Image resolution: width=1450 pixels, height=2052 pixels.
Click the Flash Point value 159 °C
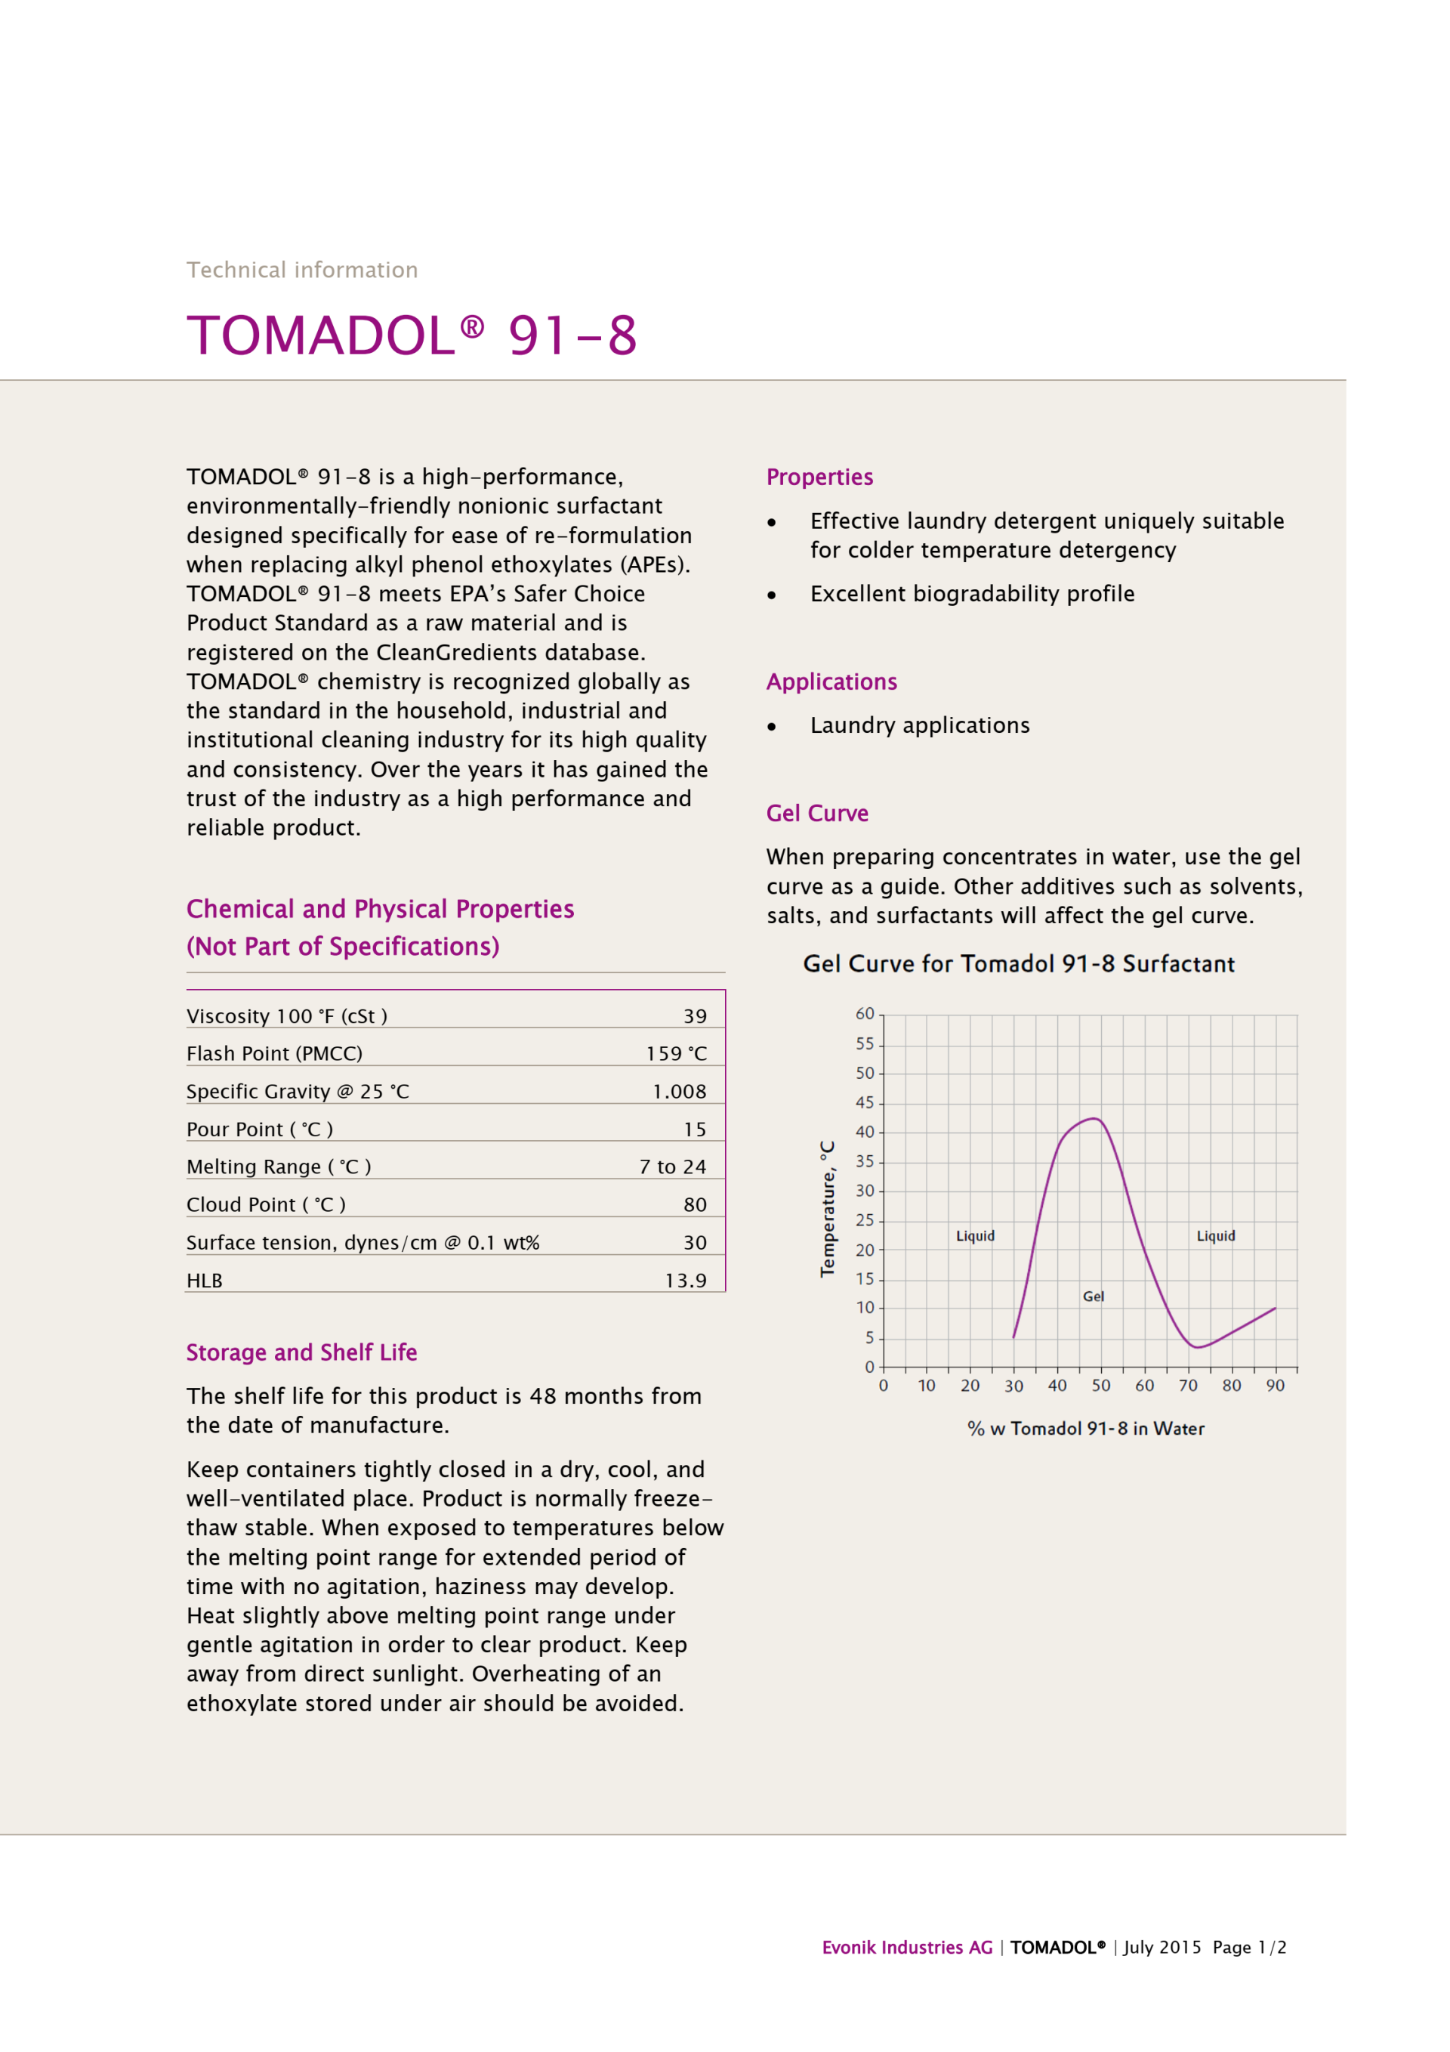(677, 1054)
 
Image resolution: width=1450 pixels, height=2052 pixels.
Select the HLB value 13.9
(685, 1281)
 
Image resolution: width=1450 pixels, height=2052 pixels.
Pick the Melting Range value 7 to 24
(672, 1167)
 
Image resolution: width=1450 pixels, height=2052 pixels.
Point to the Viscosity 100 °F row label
(286, 1016)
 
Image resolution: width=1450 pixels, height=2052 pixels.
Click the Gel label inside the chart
(1093, 1296)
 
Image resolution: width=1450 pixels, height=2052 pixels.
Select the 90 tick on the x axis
(1275, 1386)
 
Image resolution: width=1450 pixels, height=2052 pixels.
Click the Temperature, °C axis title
(827, 1208)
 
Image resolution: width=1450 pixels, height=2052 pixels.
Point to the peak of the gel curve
(1094, 1119)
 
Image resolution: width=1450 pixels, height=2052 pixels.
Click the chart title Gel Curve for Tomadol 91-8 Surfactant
(1019, 963)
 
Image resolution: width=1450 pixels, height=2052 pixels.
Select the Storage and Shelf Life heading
(301, 1352)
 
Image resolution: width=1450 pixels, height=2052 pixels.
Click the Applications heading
(831, 682)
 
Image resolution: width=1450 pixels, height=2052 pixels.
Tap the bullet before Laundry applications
(772, 727)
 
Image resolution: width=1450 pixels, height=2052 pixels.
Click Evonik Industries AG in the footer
(907, 1948)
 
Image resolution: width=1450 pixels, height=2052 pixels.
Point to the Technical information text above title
(302, 270)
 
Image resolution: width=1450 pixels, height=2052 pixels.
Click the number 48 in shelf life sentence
(543, 1396)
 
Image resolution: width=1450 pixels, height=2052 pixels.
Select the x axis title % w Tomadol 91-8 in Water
(1085, 1429)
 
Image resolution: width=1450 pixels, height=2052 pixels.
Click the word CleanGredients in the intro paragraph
(457, 653)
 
